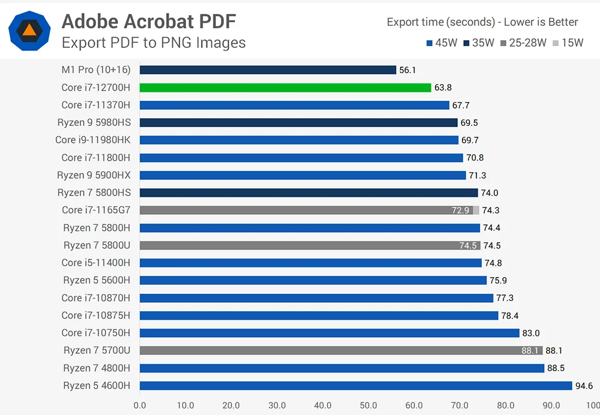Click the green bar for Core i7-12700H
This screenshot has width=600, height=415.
(285, 88)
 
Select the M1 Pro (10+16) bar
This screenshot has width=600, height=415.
(268, 70)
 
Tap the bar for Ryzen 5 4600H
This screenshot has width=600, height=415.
(355, 386)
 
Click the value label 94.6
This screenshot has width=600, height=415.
(584, 386)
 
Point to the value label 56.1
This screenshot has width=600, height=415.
(407, 70)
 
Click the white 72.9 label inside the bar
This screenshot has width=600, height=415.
(461, 210)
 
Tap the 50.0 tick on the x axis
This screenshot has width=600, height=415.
(368, 405)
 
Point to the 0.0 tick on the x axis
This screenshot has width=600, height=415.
(140, 405)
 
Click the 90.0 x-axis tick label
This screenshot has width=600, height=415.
(551, 405)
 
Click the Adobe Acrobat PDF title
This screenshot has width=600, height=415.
(149, 22)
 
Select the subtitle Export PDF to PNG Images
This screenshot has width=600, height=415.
(154, 43)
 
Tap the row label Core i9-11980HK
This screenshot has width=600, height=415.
(92, 140)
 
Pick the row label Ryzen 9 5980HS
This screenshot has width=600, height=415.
(94, 122)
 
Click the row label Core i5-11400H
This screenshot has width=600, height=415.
(95, 263)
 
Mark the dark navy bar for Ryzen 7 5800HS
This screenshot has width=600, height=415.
(308, 193)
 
